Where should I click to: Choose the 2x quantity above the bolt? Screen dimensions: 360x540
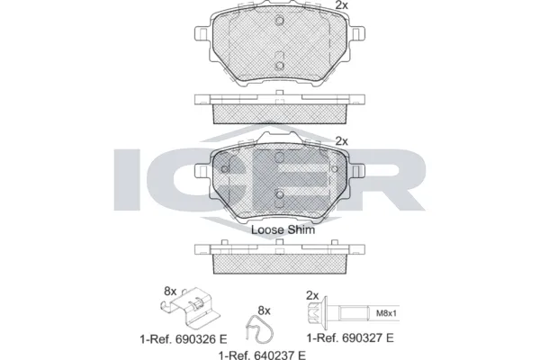[312, 294]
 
